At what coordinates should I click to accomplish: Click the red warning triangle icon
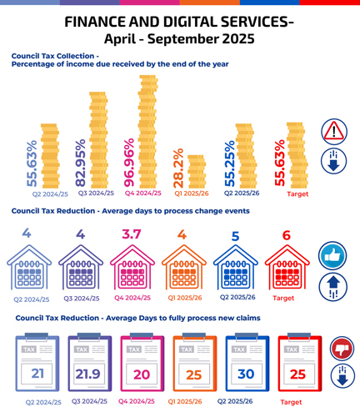coord(333,131)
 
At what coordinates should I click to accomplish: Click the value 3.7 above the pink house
coord(132,235)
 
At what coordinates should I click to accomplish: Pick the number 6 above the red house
coord(287,236)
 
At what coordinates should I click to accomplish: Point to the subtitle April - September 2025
coord(179,38)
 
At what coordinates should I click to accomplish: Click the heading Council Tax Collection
coord(67,56)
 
